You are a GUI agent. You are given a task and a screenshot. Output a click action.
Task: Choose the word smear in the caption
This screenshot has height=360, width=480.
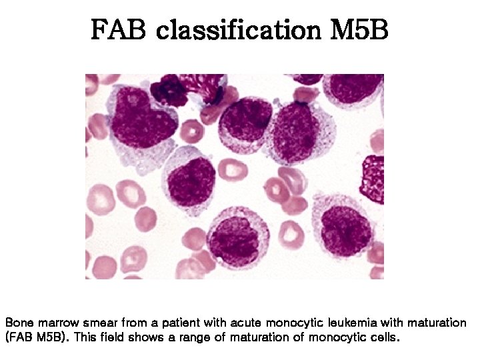pyautogui.click(x=100, y=323)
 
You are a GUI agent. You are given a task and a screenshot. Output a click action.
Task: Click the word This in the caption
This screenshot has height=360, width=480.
pyautogui.click(x=86, y=337)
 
